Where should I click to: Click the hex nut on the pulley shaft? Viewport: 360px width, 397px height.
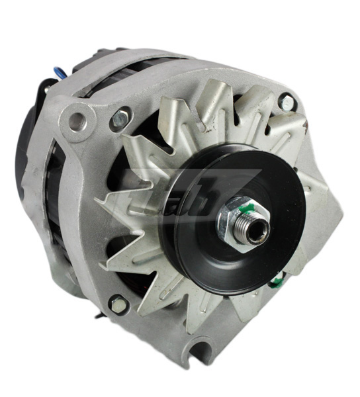(x=238, y=218)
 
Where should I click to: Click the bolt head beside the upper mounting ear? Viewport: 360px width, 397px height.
(x=119, y=118)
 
